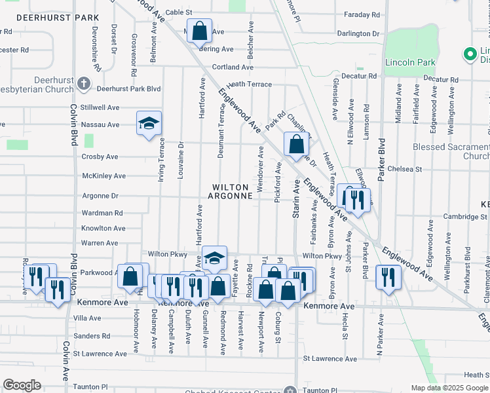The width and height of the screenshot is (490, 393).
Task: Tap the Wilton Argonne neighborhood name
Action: [231, 191]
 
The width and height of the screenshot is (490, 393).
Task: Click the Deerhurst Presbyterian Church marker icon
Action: [83, 83]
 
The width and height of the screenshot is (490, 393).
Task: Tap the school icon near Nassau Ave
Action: [149, 122]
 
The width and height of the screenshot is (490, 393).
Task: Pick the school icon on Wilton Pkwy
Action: [214, 257]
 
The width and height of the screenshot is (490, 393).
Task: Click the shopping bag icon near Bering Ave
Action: [200, 30]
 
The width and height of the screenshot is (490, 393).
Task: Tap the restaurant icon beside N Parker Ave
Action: [388, 276]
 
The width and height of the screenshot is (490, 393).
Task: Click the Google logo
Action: [22, 385]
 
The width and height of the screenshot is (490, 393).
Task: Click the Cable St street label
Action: [179, 12]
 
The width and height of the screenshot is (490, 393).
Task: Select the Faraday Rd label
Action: [363, 14]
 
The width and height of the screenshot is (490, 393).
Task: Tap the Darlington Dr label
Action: [358, 33]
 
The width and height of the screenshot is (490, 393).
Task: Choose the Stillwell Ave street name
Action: [100, 107]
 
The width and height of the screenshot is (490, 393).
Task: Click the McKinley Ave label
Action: [104, 176]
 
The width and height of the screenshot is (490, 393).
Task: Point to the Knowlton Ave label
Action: [104, 228]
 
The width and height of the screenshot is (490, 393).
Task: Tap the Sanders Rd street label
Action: [92, 336]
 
